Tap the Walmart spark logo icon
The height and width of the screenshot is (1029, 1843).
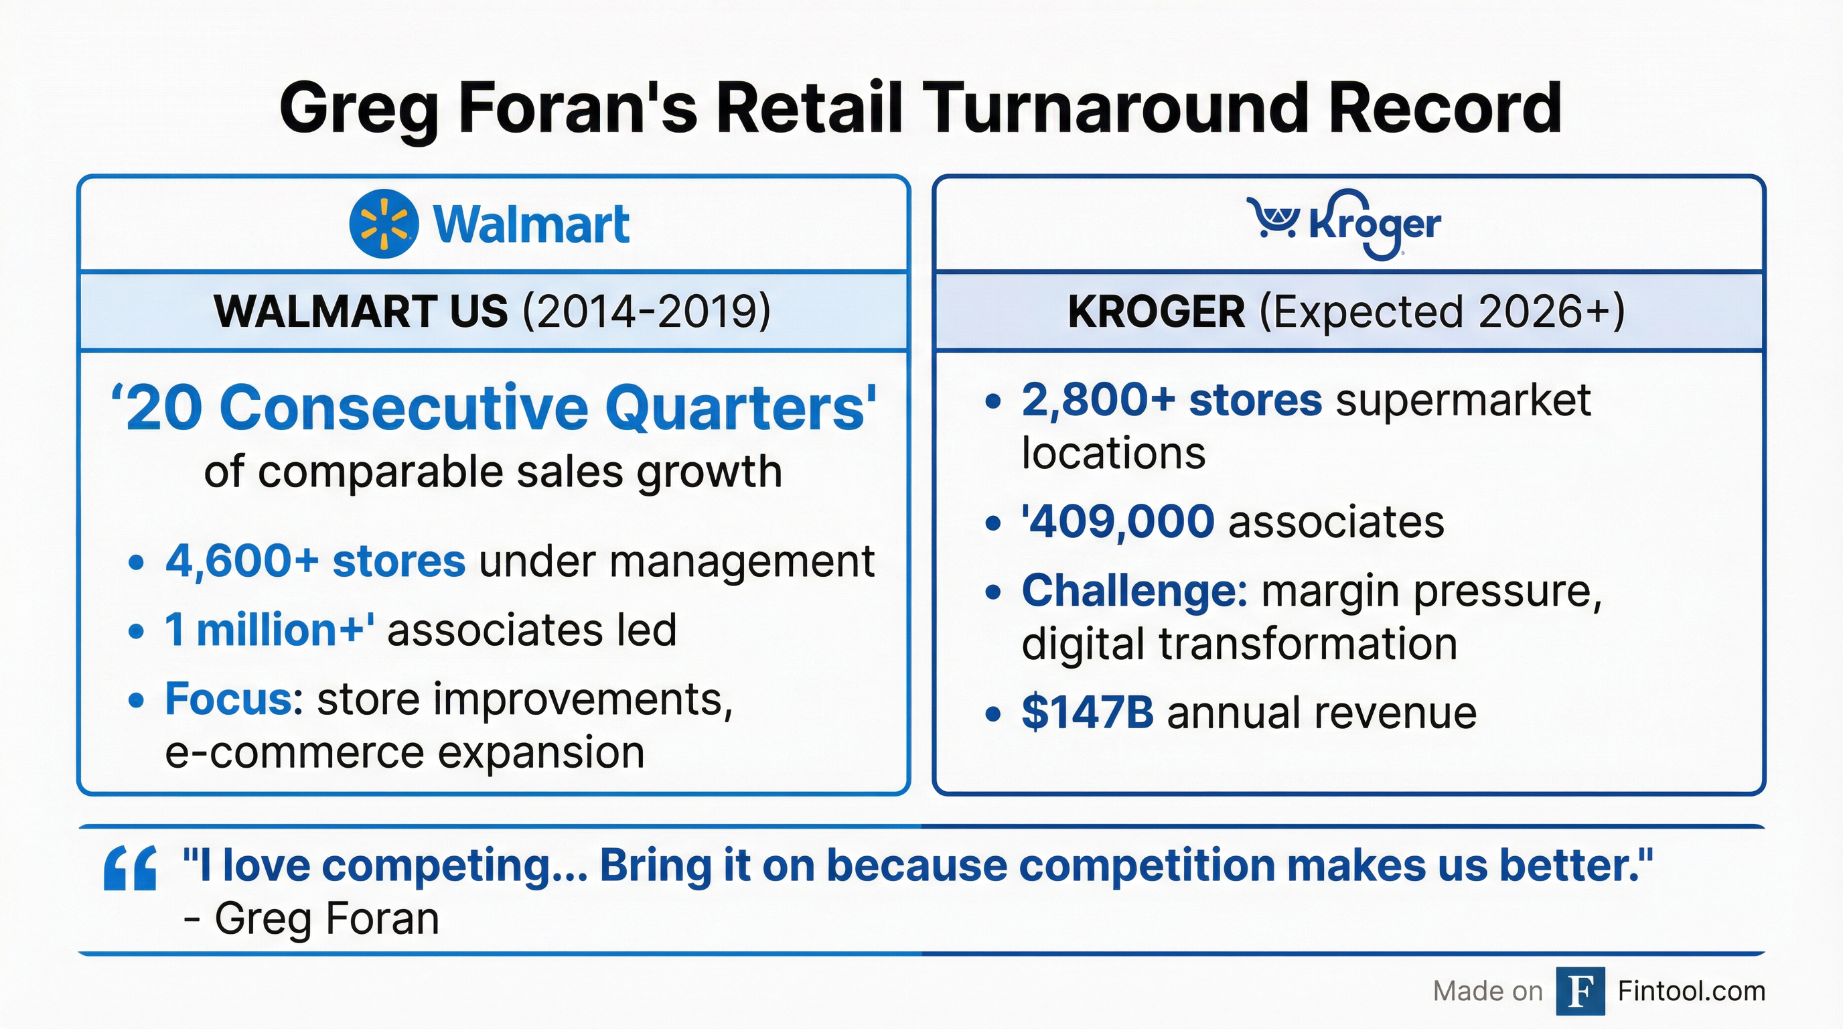(384, 224)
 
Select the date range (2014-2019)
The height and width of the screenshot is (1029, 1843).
(647, 312)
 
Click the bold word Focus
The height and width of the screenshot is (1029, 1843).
(228, 699)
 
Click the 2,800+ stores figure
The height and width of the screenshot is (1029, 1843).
(1172, 399)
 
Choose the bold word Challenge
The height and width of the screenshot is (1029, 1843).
(1134, 592)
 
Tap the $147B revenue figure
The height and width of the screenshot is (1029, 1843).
(1088, 713)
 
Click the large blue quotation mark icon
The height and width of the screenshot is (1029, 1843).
(130, 868)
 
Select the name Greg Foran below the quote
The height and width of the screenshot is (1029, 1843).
(327, 919)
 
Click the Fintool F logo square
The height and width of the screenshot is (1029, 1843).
(1580, 991)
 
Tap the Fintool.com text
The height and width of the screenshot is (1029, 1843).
(1692, 991)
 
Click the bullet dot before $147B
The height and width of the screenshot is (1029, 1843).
(992, 714)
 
